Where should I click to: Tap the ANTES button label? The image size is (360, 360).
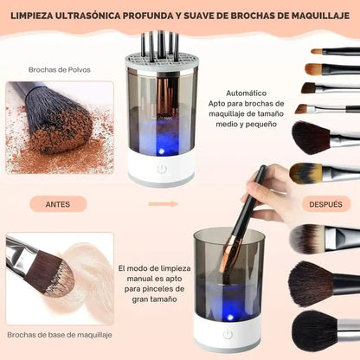pyautogui.click(x=58, y=204)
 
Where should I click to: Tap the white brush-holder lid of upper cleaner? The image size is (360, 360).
pyautogui.click(x=162, y=61)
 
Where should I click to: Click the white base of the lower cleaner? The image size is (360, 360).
pyautogui.click(x=228, y=333)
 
